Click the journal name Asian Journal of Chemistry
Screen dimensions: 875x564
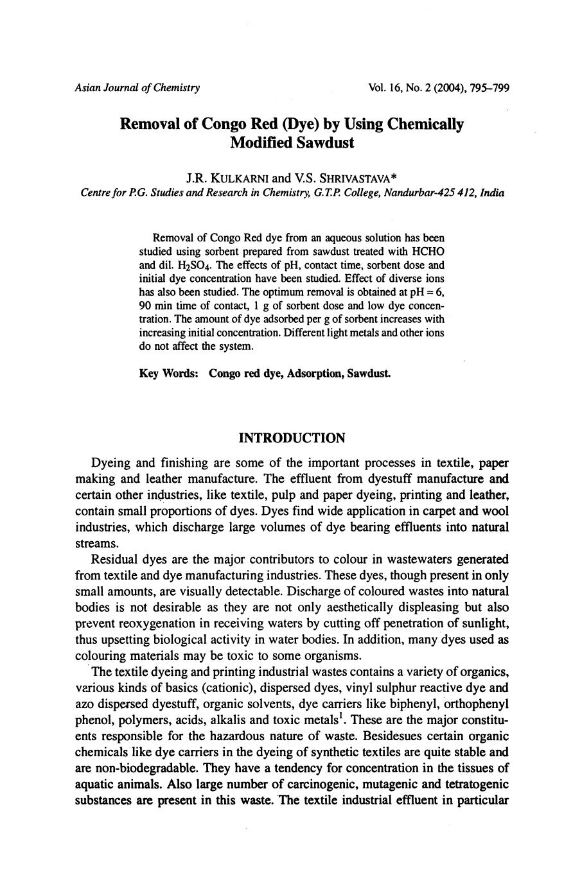(x=137, y=88)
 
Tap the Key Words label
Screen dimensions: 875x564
(x=168, y=374)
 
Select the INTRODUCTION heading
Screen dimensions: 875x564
(x=292, y=438)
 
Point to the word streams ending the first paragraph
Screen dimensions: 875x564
(x=93, y=543)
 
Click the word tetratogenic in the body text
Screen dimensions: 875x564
(x=473, y=784)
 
